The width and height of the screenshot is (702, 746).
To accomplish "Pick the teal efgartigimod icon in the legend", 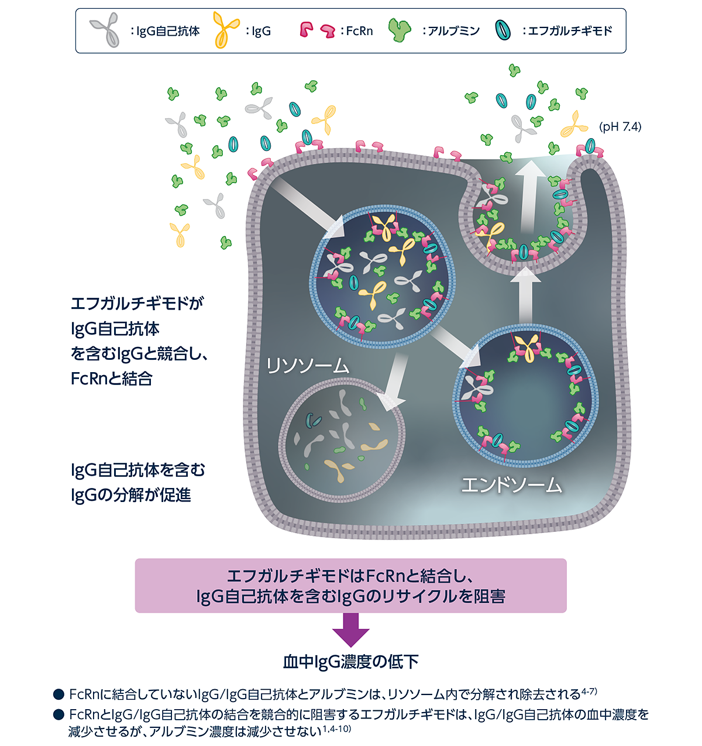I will coord(503,30).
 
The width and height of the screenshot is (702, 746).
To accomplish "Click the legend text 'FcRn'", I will coord(359,31).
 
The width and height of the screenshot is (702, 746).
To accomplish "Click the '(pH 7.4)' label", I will coord(620,126).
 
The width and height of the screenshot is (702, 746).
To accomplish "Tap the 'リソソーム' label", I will coord(308,366).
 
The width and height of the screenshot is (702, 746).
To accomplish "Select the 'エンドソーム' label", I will coord(512,485).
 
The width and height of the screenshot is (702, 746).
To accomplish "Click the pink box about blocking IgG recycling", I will coord(351,586).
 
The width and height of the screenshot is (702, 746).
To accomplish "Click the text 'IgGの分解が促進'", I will coord(131,495).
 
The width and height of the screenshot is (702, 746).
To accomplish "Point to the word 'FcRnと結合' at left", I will coord(111,379).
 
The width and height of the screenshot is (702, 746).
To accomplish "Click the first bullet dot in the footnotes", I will coord(58,695).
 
